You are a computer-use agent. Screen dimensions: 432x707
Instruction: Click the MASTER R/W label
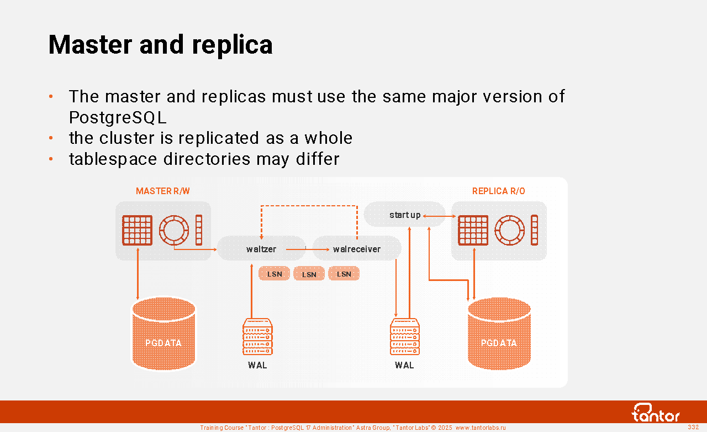(x=163, y=191)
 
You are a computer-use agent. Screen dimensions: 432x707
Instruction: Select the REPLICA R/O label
(x=498, y=191)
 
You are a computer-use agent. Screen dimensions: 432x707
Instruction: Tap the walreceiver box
(x=357, y=249)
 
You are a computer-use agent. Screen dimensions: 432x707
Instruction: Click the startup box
(x=404, y=215)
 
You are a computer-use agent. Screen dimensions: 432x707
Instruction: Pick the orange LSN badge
(x=344, y=274)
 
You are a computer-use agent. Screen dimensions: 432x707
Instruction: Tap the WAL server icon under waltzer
(x=257, y=337)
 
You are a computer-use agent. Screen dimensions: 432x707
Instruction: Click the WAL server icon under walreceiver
(x=404, y=337)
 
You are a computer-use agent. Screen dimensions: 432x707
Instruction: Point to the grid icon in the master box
(x=137, y=230)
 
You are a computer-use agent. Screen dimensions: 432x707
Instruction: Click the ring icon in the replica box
(x=509, y=230)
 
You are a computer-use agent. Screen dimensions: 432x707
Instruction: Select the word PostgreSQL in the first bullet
(x=118, y=118)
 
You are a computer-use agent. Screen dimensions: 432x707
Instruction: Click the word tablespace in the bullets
(x=113, y=159)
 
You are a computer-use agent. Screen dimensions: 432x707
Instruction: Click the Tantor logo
(x=656, y=413)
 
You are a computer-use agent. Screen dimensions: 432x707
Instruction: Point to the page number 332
(x=693, y=427)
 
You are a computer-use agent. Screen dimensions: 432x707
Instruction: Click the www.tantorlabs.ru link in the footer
(x=480, y=428)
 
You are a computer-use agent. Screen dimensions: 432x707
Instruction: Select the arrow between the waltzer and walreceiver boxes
(x=303, y=249)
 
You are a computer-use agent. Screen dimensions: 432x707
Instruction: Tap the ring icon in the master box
(x=174, y=230)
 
